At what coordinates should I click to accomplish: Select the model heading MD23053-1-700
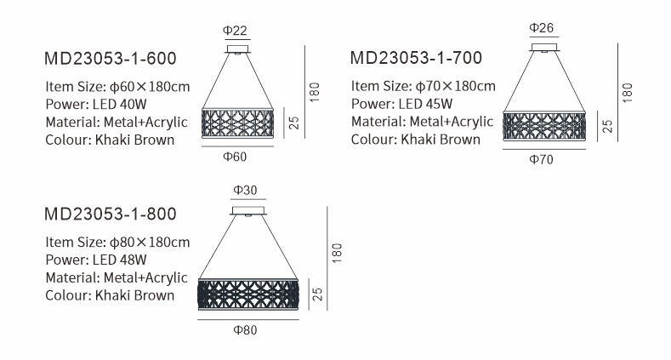coord(417,58)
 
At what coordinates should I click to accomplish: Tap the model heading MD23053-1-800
coord(111,213)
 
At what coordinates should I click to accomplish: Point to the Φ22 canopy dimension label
coord(236,31)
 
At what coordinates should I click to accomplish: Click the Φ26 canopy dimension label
coord(542,28)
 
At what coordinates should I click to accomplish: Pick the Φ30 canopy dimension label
coord(246,189)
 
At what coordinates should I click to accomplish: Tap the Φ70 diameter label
coord(542,159)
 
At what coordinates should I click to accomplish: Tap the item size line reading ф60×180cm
coord(117,86)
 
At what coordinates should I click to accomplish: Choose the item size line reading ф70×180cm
coord(423,86)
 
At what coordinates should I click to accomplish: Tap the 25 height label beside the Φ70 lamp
coord(607,127)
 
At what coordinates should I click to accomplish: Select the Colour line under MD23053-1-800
coord(110,295)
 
